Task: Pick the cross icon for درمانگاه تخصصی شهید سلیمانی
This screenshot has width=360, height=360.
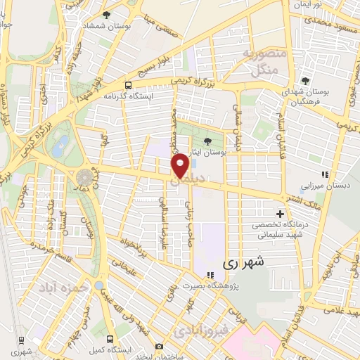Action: point(281,213)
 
